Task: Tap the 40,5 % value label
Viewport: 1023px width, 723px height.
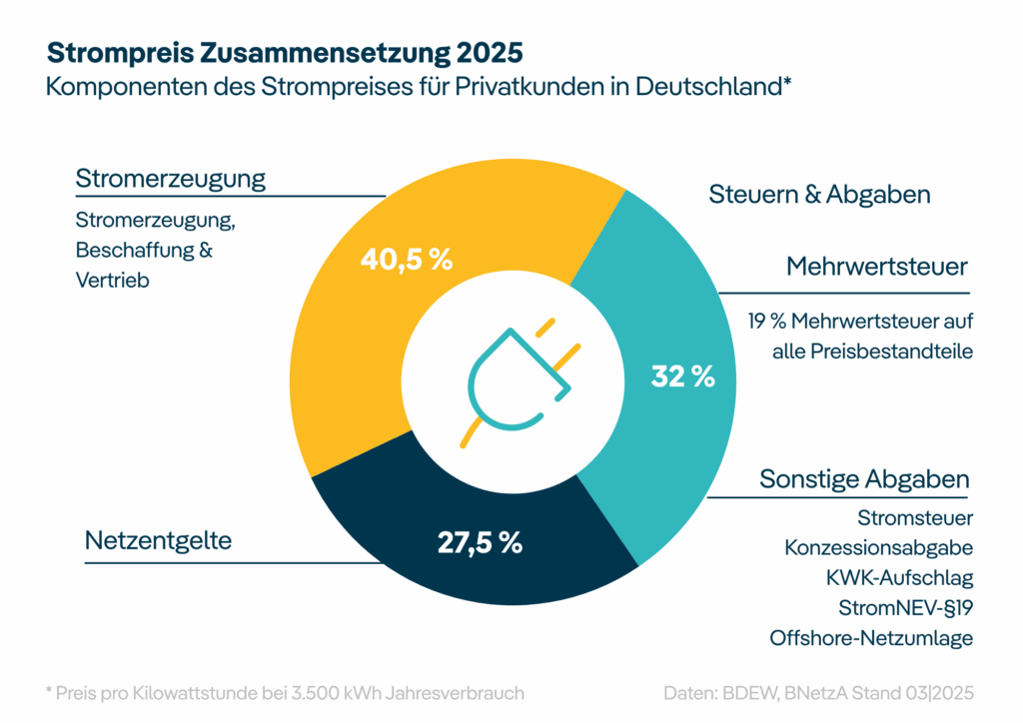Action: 406,260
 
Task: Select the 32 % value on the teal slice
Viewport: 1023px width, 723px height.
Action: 682,376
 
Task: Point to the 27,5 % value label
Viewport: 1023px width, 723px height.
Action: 480,543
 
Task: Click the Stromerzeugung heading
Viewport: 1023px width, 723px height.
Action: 171,179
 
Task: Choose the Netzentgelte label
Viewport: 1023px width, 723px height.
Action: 158,541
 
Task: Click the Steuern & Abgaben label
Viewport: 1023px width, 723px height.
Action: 819,194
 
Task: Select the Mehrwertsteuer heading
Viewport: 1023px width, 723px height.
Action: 877,267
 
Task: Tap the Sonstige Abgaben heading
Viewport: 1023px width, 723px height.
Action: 864,478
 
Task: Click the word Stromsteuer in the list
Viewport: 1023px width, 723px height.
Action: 914,518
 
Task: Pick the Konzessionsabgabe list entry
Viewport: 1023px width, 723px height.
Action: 878,548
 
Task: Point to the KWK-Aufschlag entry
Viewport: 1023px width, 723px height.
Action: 898,578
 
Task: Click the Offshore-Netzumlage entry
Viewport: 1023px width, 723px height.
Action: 870,638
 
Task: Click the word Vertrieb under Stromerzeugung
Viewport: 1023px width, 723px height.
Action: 112,281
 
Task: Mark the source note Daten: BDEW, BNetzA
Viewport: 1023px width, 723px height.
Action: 817,692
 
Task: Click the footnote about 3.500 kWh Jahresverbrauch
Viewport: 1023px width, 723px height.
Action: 285,692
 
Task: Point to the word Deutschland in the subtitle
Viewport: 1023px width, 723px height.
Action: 716,86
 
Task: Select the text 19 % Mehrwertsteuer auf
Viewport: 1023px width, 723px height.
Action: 860,323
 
